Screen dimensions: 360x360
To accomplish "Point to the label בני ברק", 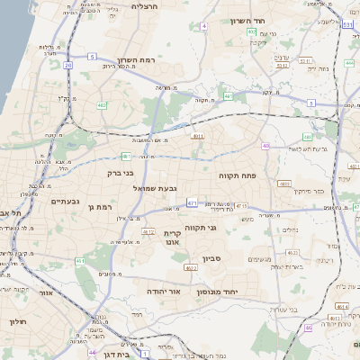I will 120,172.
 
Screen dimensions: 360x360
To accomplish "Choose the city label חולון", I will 17,321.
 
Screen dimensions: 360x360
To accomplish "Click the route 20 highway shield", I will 67,65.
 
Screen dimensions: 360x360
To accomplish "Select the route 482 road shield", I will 102,105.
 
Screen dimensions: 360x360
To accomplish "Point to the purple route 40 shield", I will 266,146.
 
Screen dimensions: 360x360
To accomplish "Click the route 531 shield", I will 347,26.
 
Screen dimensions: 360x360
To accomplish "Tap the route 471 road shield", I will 192,203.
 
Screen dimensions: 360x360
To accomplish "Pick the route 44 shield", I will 93,353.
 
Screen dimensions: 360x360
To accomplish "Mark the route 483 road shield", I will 284,184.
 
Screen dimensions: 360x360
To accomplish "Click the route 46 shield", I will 308,328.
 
